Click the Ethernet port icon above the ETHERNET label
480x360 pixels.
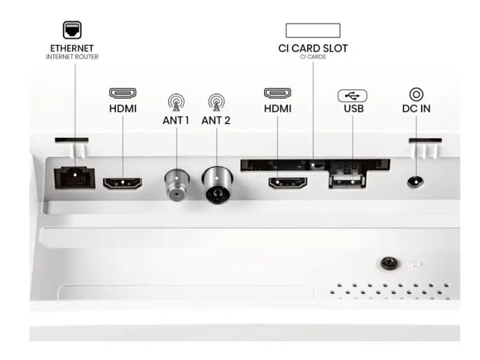(72, 30)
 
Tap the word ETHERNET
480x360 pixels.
(72, 49)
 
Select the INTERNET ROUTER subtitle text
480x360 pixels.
(72, 57)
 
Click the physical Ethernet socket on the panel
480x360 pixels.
(75, 178)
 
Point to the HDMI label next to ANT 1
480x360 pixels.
(123, 109)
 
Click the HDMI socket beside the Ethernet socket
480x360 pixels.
(123, 183)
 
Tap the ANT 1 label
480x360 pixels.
(176, 121)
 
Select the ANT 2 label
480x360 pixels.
(216, 121)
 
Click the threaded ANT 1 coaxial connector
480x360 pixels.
(177, 185)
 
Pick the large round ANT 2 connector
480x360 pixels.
(217, 185)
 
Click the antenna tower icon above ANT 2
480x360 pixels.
(217, 102)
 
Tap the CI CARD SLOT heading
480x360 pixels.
(313, 49)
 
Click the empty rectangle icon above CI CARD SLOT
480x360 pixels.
(313, 30)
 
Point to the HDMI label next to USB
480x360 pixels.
(277, 109)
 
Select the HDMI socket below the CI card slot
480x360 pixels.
(288, 183)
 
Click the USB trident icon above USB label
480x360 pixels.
(353, 96)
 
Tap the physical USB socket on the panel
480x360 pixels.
(347, 181)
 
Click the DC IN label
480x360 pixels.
(416, 109)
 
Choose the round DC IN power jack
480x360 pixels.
(415, 183)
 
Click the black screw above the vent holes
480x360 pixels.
(389, 263)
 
